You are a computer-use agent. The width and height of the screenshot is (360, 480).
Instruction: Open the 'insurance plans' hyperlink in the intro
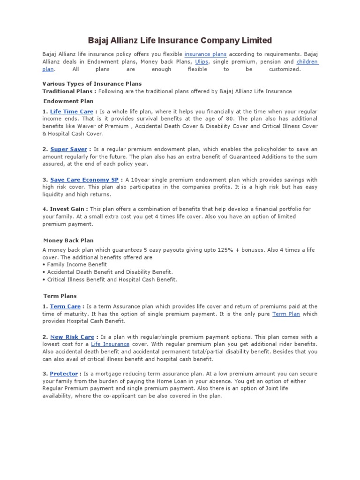(205, 54)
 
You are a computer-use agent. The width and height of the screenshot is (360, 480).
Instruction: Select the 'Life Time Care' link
(71, 112)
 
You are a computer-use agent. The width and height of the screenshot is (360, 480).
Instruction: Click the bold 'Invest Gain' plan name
(68, 209)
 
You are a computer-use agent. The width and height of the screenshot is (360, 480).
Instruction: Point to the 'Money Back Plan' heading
(68, 240)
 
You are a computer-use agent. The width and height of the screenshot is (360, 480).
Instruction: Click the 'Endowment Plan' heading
(68, 101)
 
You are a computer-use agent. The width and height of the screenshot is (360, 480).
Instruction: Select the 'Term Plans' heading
(60, 296)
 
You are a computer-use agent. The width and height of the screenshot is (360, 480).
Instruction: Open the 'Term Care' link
(65, 307)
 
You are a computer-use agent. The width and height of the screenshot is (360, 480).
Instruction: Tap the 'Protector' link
(64, 374)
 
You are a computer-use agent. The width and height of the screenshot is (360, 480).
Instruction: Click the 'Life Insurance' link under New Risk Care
(110, 344)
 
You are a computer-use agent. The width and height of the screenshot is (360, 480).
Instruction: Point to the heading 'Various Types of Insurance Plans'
(92, 84)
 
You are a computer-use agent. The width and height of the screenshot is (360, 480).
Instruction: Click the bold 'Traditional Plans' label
(68, 91)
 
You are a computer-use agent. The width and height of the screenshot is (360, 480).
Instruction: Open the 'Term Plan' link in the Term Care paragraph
(286, 314)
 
